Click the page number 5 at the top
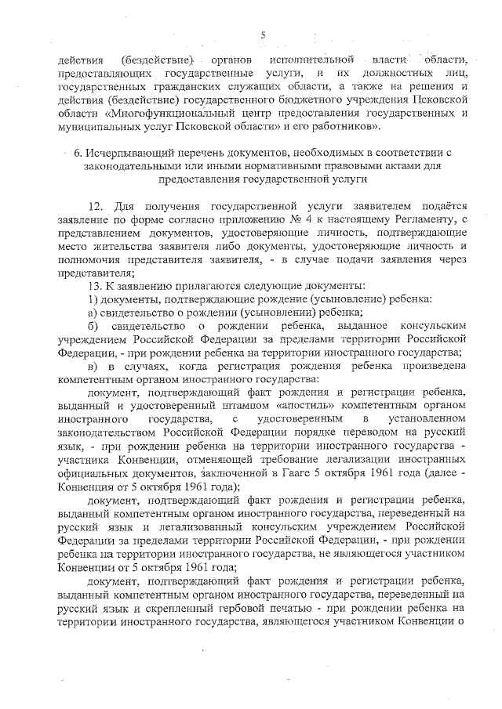pyautogui.click(x=264, y=34)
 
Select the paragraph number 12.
pyautogui.click(x=97, y=207)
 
